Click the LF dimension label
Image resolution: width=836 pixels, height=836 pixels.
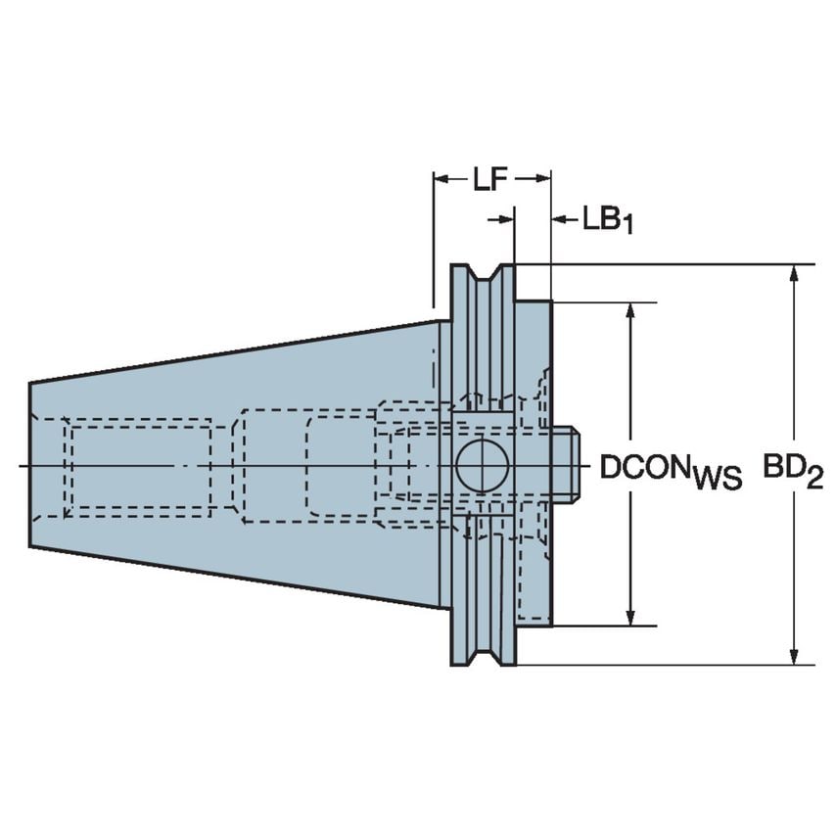[491, 179]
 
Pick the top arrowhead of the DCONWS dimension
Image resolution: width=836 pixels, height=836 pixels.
[632, 308]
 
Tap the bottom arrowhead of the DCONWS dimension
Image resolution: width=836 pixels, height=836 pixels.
[632, 618]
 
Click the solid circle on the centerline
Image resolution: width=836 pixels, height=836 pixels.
[482, 465]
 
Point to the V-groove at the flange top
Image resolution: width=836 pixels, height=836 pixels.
[483, 278]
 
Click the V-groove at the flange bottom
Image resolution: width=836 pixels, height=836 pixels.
[483, 652]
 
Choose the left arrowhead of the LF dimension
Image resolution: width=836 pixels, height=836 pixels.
[440, 179]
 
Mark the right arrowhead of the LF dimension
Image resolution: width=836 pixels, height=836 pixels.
[544, 179]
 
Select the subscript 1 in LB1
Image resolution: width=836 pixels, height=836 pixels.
[627, 225]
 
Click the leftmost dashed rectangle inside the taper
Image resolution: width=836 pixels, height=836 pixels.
[140, 466]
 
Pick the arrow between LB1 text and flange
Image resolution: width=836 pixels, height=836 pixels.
[562, 219]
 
